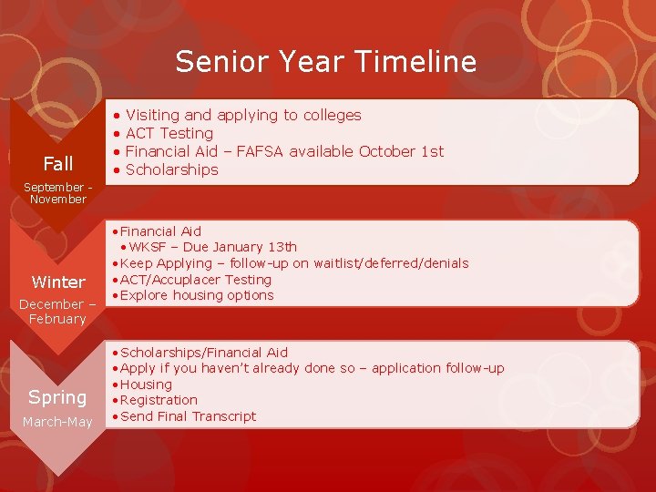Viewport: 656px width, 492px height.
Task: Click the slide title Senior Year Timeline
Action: [325, 61]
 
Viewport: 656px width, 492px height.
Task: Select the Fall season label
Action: [58, 164]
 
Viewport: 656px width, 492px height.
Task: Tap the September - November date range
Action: [56, 192]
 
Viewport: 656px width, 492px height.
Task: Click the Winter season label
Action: [58, 282]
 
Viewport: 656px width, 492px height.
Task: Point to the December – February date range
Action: [56, 312]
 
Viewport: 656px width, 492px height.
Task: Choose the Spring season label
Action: [57, 397]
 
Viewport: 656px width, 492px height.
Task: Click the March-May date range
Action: [57, 422]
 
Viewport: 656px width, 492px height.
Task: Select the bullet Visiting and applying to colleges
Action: [242, 115]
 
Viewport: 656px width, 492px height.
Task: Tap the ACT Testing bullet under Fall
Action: [169, 133]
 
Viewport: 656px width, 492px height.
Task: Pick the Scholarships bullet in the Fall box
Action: [171, 169]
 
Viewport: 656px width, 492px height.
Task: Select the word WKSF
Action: [148, 247]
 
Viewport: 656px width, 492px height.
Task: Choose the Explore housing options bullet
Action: [196, 295]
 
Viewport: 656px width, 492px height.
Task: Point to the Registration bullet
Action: [159, 400]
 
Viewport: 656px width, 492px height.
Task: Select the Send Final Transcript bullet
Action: [188, 416]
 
